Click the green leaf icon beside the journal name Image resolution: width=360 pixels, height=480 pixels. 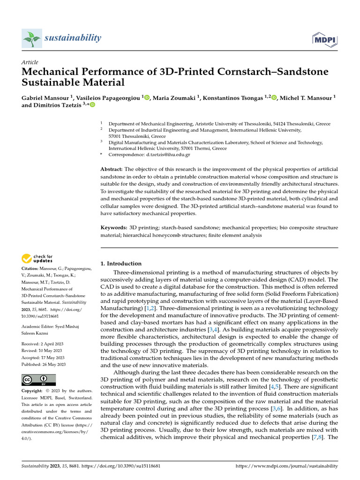pos(32,38)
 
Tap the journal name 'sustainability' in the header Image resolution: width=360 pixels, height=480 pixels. pos(73,37)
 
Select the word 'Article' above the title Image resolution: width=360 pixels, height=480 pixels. pos(30,62)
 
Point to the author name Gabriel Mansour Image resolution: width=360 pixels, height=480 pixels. pos(45,97)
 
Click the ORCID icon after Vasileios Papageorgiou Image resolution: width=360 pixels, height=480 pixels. pos(147,97)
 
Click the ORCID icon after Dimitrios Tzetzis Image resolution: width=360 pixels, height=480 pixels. pos(92,105)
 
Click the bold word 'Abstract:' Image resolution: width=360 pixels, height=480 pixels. pos(112,169)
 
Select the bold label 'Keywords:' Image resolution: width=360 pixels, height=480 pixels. pos(114,227)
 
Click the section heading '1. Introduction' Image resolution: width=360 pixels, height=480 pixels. pos(121,263)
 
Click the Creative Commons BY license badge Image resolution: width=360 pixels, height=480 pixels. pos(38,380)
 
